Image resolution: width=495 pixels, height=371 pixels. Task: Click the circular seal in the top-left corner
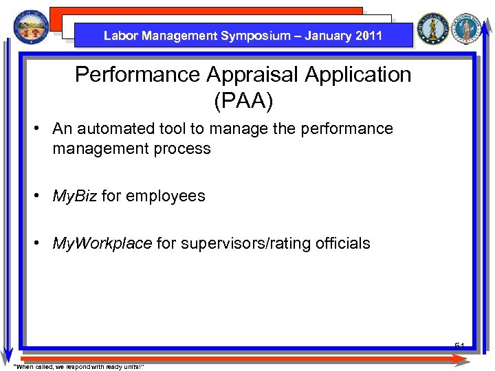pyautogui.click(x=27, y=27)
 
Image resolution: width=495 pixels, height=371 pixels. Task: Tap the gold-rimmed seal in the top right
pyautogui.click(x=433, y=28)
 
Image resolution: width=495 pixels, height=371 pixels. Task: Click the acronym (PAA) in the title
pyautogui.click(x=243, y=102)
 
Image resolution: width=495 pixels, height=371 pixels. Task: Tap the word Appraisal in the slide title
pyautogui.click(x=249, y=74)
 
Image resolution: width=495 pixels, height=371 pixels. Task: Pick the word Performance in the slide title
pyautogui.click(x=135, y=74)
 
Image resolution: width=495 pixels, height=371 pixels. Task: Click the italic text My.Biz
pyautogui.click(x=75, y=196)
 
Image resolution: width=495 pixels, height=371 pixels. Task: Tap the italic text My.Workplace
pyautogui.click(x=102, y=243)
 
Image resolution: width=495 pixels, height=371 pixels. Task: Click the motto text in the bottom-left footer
pyautogui.click(x=78, y=366)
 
